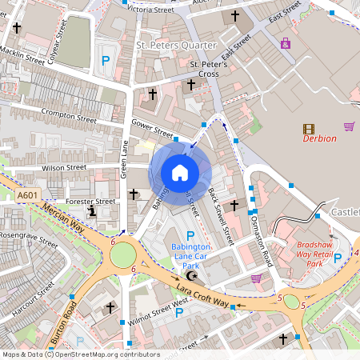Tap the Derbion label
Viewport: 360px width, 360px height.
point(319,138)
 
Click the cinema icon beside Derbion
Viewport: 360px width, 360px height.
point(309,128)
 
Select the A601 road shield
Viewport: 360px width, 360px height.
point(27,195)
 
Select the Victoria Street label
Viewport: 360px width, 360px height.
point(151,10)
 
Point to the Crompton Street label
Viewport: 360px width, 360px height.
point(68,117)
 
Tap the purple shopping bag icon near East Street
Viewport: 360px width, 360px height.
point(286,43)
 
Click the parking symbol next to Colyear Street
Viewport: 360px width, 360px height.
point(104,59)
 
